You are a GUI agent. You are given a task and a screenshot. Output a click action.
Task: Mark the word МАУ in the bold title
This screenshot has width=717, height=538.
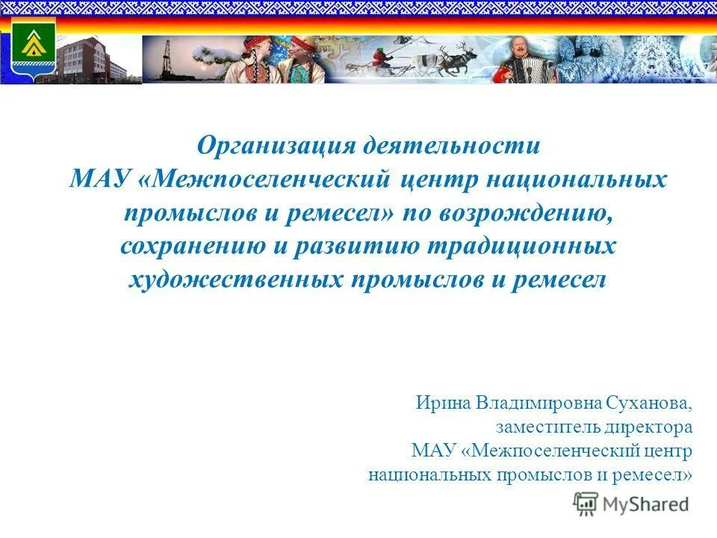tap(100, 180)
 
